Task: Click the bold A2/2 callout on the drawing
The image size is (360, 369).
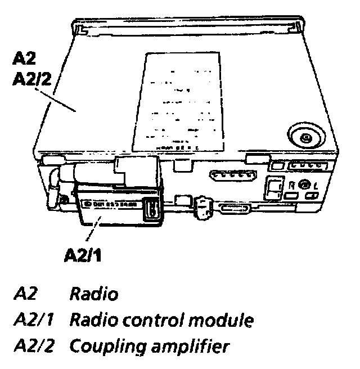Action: [32, 78]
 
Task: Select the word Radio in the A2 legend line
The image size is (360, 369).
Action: [93, 294]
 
